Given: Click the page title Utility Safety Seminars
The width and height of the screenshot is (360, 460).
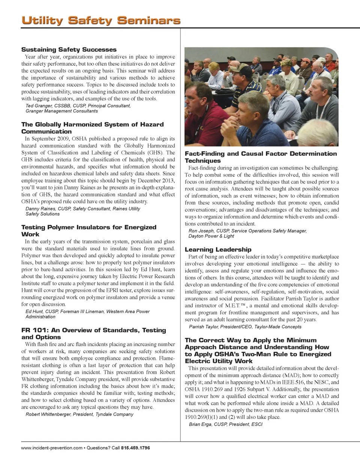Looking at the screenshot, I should point(100,20).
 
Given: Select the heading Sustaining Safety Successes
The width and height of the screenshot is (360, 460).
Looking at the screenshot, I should point(69,49).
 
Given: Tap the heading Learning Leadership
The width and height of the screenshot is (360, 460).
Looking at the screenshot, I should point(218,249).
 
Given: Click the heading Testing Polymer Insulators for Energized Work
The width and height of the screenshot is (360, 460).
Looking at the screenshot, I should point(88,230).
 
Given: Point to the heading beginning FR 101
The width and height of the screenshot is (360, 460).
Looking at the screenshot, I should point(93,333).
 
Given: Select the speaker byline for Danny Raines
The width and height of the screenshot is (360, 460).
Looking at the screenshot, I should point(82,211).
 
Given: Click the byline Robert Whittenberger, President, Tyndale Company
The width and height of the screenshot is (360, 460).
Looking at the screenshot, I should point(79,414).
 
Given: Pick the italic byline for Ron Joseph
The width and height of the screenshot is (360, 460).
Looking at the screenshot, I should point(247,233).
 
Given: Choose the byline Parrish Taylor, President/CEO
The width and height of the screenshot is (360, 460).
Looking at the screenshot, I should point(244,327).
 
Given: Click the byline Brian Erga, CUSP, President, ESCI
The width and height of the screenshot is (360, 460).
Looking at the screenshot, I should point(225,424).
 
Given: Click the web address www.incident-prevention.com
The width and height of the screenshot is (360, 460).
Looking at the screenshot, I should point(52,448).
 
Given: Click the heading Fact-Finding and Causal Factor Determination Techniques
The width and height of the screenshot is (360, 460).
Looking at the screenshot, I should point(261,157).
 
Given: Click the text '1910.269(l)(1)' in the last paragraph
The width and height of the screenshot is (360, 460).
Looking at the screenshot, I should point(201,417).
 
